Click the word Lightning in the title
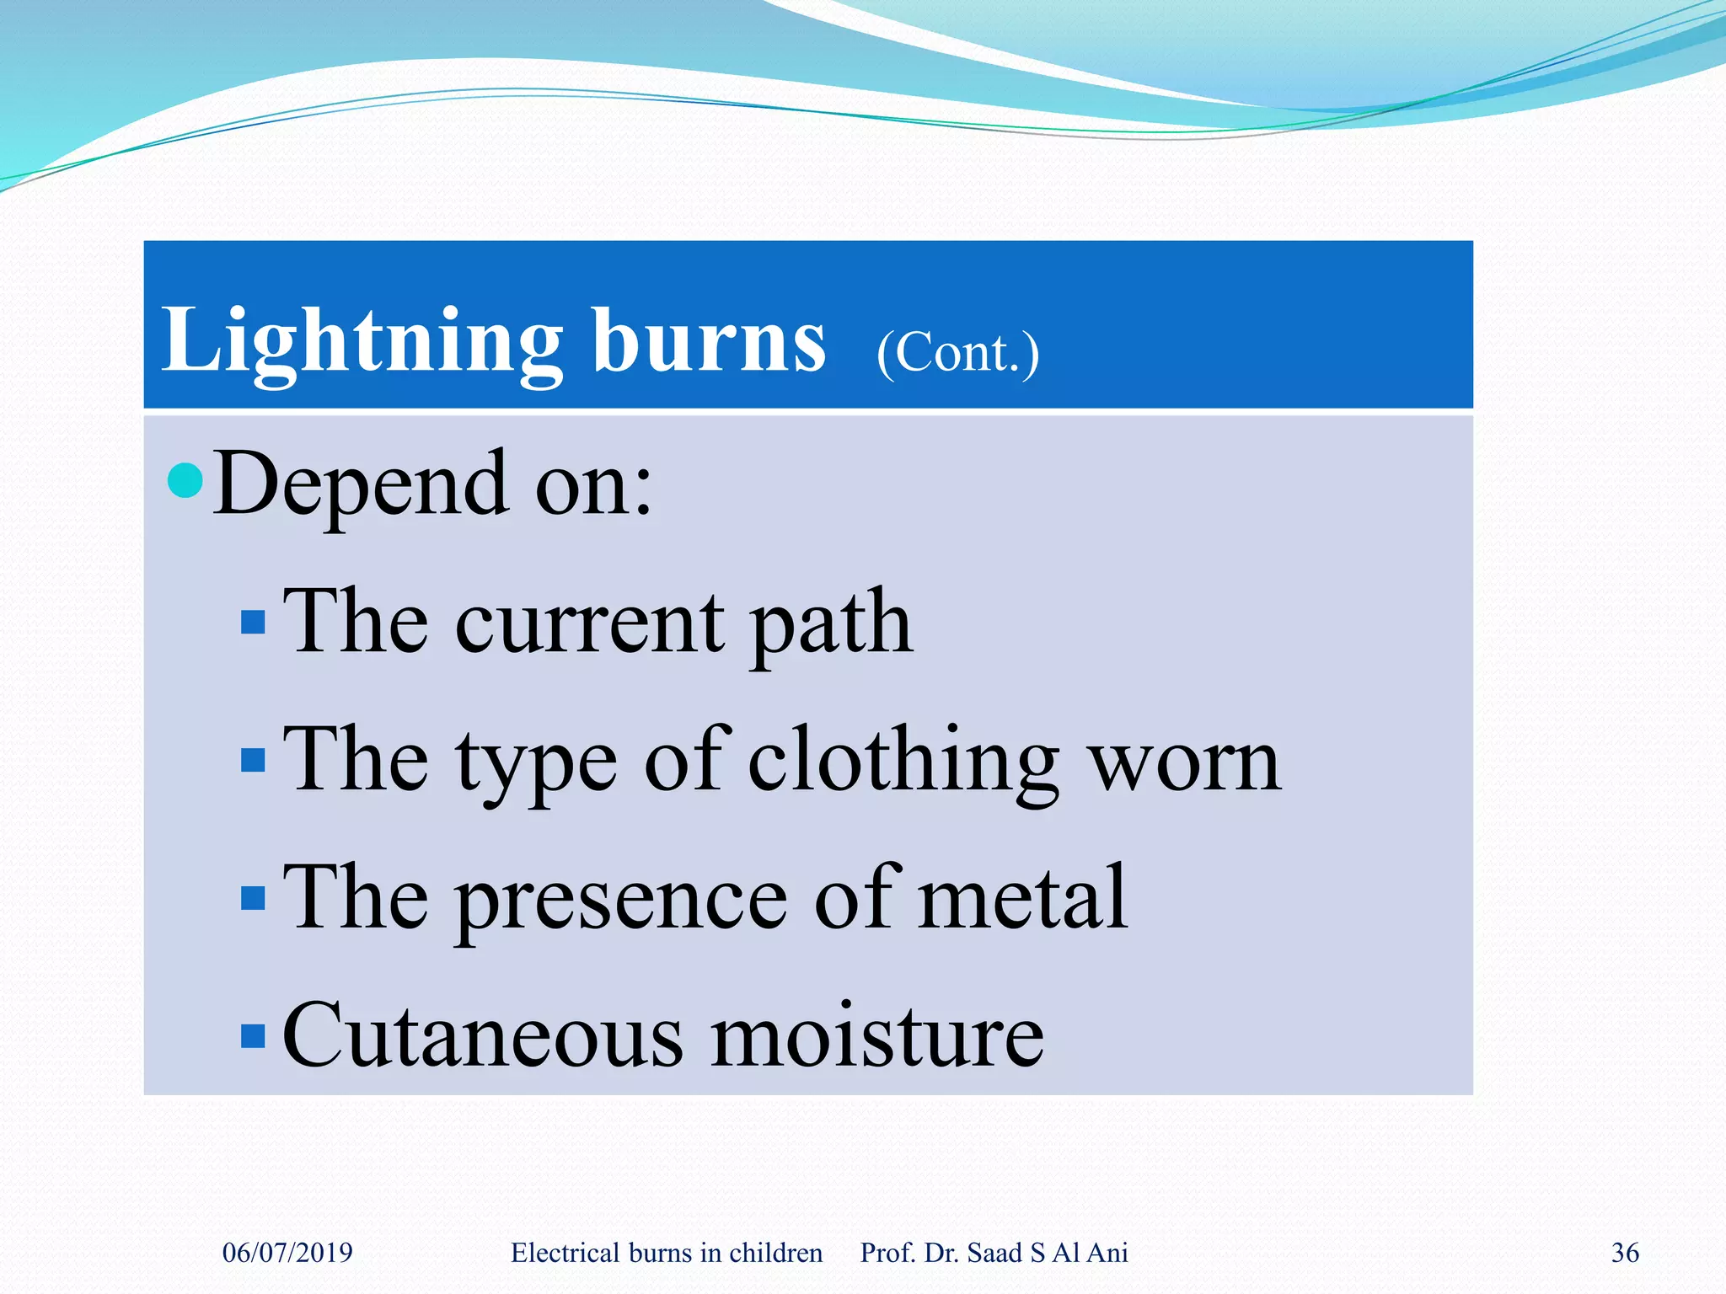[x=361, y=341]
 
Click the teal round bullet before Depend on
[x=185, y=480]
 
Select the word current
[x=590, y=623]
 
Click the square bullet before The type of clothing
[x=253, y=760]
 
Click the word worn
[x=1185, y=763]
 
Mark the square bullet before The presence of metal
[x=253, y=898]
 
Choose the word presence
[x=622, y=900]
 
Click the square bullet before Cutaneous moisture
[x=253, y=1035]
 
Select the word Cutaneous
[x=482, y=1035]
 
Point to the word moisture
[x=876, y=1035]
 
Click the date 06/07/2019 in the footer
[x=287, y=1253]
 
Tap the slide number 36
[x=1625, y=1253]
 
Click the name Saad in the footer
[x=994, y=1253]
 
